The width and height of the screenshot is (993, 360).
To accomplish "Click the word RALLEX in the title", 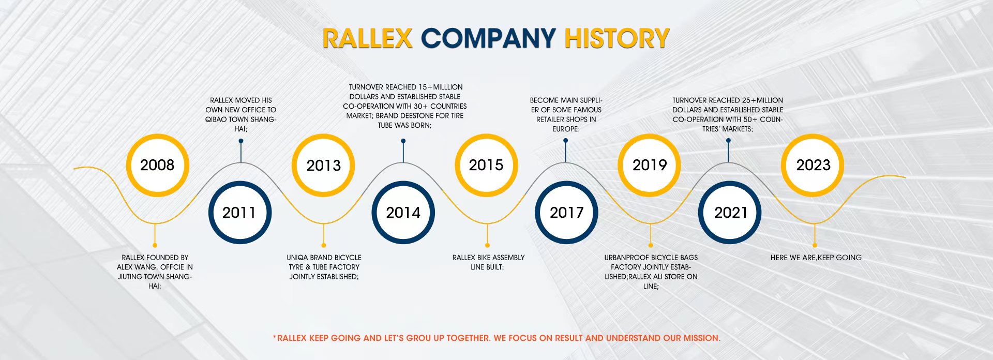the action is (367, 39).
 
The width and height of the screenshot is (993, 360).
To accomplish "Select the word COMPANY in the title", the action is (488, 39).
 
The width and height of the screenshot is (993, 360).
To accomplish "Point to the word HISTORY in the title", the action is (616, 39).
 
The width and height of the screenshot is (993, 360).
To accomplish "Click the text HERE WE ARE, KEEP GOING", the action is (816, 258).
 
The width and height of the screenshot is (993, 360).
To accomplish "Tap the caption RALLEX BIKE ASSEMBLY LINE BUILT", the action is (488, 262).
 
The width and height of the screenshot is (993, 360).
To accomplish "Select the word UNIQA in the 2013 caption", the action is (297, 258).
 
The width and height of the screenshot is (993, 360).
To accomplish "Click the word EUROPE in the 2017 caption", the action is (565, 129).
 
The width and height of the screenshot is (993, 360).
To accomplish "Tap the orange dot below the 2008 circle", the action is (155, 245).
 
